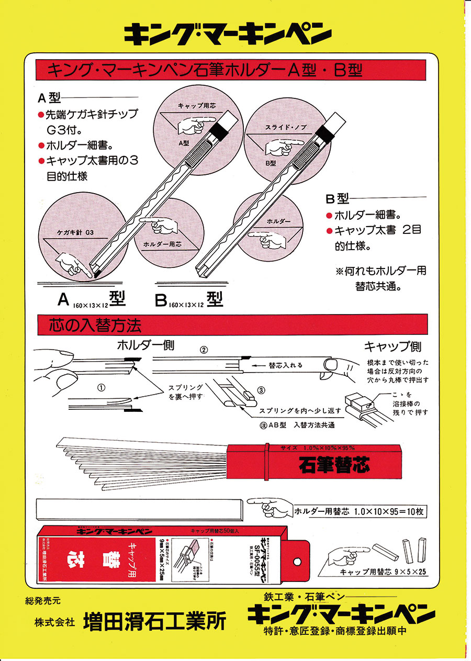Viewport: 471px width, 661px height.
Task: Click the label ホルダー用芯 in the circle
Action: coord(162,244)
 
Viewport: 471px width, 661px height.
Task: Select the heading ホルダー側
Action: coord(145,345)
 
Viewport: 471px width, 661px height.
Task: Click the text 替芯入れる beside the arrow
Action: coord(285,365)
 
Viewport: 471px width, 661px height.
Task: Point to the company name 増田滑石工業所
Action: coord(155,621)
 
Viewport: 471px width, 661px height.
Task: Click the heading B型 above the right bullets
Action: coord(337,199)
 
